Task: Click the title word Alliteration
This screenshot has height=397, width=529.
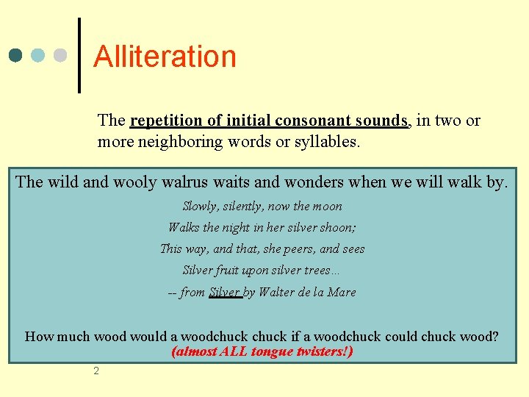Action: [165, 57]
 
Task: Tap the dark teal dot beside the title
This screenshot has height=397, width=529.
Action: [16, 55]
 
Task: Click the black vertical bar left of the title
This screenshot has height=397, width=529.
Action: [79, 55]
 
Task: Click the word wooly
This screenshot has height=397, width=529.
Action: [128, 182]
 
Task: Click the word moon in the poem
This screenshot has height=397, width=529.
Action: [328, 207]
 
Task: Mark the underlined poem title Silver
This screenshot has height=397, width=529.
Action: [225, 292]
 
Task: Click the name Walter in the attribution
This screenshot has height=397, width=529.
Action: [280, 292]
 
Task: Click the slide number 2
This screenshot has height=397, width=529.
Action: [96, 371]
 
